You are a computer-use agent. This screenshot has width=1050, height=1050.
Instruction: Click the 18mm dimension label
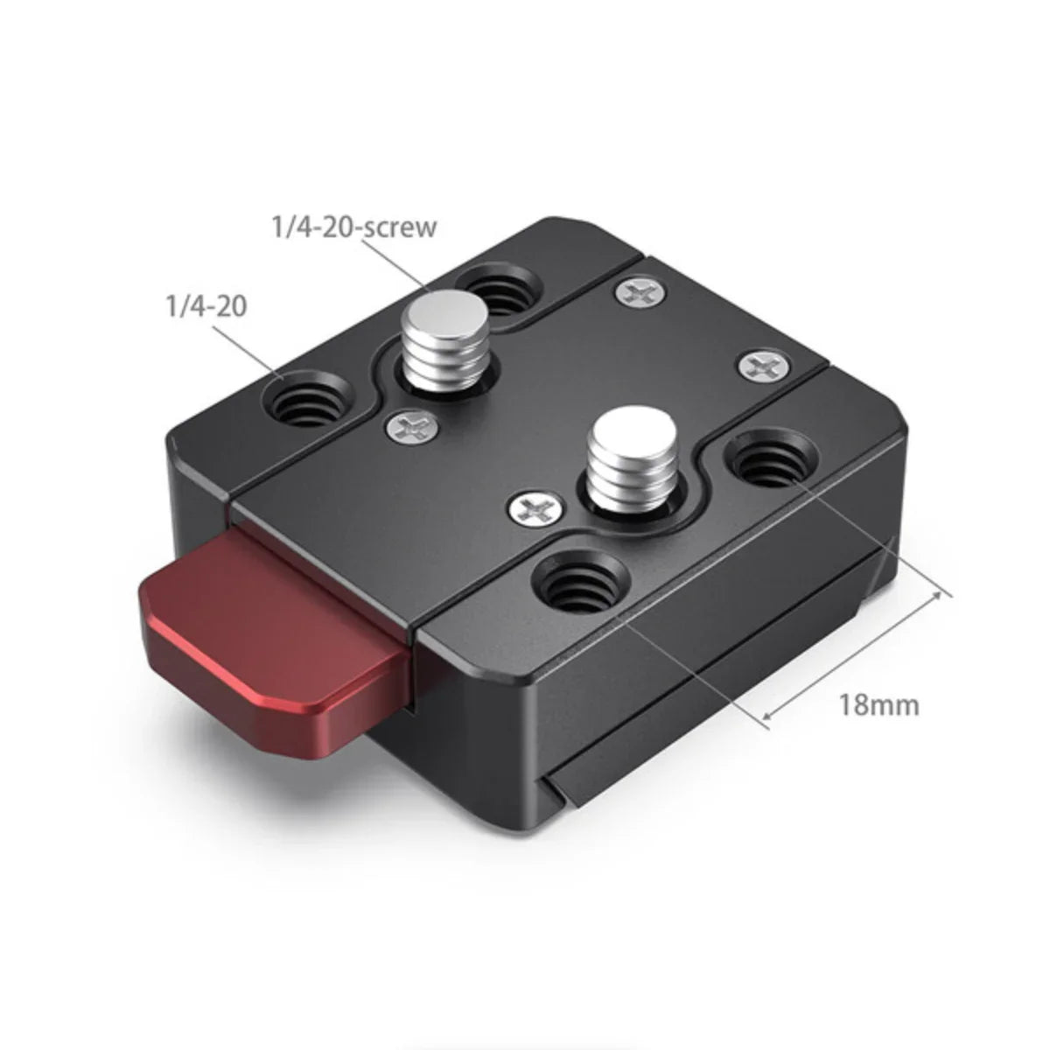[x=879, y=703]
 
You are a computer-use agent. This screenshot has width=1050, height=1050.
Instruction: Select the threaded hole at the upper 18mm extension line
[x=773, y=461]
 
